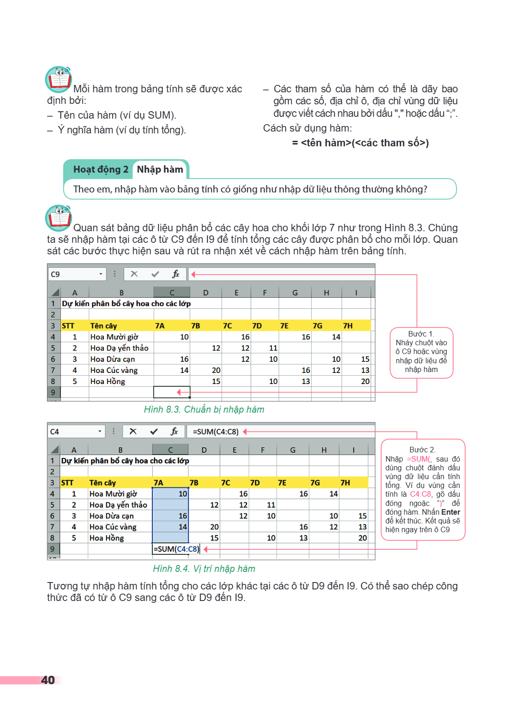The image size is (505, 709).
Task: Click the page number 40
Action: (48, 680)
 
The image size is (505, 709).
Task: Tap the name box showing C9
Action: (77, 274)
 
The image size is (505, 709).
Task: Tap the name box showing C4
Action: (76, 432)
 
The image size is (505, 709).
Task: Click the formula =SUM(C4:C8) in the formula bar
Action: (216, 432)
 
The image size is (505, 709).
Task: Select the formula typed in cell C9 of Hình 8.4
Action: (176, 549)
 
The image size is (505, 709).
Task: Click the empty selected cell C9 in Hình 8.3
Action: (172, 392)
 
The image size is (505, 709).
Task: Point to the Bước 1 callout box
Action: (421, 353)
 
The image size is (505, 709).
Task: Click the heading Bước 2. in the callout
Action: (422, 450)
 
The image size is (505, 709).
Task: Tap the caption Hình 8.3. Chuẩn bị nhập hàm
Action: (204, 409)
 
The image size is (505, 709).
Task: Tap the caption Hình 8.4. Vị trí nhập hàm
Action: (204, 569)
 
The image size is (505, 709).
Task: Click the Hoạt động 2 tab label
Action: (101, 170)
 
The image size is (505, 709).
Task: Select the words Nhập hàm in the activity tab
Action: (160, 170)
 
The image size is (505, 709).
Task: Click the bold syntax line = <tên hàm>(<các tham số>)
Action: (361, 143)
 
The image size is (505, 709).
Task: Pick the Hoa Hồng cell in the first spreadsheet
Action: (108, 381)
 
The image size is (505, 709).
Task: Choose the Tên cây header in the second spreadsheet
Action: (102, 483)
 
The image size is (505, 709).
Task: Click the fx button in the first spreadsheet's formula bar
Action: (176, 274)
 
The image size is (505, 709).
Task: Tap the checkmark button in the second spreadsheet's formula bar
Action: (154, 432)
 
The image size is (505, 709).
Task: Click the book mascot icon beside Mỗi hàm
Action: (59, 79)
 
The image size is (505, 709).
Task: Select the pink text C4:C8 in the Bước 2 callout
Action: (421, 494)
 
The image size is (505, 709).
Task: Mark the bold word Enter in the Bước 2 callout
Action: (451, 512)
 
